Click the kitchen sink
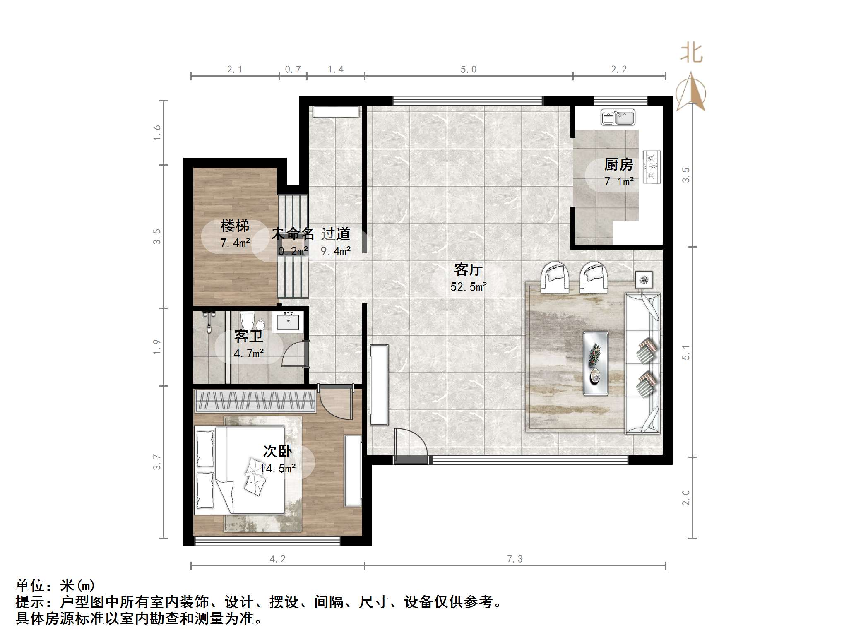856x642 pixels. click(618, 118)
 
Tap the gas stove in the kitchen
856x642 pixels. click(652, 167)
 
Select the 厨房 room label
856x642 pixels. click(618, 165)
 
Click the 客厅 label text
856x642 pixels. click(468, 269)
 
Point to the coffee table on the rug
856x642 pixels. click(596, 363)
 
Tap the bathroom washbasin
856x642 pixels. click(288, 322)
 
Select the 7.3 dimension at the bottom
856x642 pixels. click(515, 559)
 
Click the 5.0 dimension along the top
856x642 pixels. click(468, 70)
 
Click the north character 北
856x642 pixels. click(691, 54)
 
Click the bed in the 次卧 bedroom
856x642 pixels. click(240, 470)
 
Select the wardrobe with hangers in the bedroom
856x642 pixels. click(255, 400)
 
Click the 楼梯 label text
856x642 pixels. click(235, 226)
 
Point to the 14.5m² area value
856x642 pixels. click(278, 469)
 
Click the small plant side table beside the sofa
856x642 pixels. click(644, 280)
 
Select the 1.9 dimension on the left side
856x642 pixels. click(156, 346)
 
